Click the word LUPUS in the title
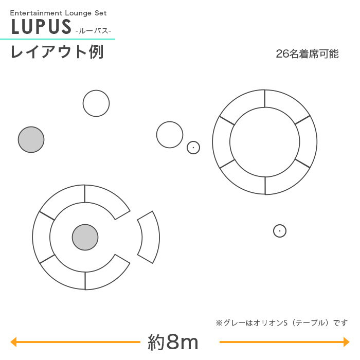[x=41, y=27]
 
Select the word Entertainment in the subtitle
[x=37, y=13]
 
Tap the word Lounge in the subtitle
[x=78, y=13]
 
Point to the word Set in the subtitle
[x=101, y=13]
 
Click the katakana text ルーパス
[x=93, y=31]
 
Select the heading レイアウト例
[x=57, y=52]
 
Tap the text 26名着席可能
[x=307, y=54]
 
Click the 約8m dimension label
[x=173, y=342]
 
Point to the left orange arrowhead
[x=13, y=342]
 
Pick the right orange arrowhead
[x=347, y=342]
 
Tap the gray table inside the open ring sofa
[x=85, y=237]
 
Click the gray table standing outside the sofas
[x=31, y=139]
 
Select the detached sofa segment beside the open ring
[x=150, y=237]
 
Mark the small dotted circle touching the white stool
[x=193, y=148]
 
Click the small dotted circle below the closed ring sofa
[x=280, y=231]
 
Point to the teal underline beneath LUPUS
[x=58, y=39]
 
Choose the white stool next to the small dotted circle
[x=170, y=135]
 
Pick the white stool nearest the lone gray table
[x=96, y=103]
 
